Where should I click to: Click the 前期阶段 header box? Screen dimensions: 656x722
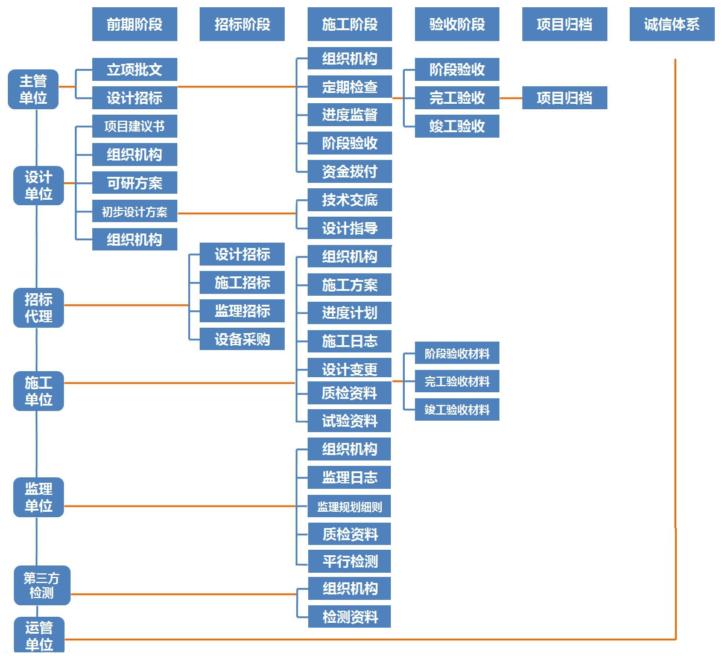point(135,24)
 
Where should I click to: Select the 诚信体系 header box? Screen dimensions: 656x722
point(671,24)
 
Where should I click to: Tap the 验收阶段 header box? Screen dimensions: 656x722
point(457,24)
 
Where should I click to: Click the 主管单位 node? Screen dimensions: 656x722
point(33,89)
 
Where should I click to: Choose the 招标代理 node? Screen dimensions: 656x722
point(39,308)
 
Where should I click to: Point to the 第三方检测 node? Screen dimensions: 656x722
point(42,585)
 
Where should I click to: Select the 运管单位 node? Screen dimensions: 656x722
point(39,635)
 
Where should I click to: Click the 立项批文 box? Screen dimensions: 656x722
point(135,69)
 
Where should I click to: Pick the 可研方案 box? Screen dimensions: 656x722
point(135,183)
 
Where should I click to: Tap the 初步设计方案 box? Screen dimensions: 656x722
point(135,212)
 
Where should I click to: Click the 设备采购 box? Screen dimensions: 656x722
point(242,339)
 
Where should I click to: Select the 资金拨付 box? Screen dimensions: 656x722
point(349,171)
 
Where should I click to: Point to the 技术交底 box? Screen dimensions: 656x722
point(349,200)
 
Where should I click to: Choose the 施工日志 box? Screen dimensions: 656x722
point(349,341)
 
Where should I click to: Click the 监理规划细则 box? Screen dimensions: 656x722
point(349,507)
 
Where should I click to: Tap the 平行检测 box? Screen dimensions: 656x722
point(349,561)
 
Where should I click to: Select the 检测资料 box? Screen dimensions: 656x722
point(349,617)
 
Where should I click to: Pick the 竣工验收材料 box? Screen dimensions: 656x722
point(457,410)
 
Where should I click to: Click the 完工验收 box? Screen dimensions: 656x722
point(457,98)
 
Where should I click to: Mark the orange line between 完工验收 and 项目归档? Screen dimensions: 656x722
point(511,98)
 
